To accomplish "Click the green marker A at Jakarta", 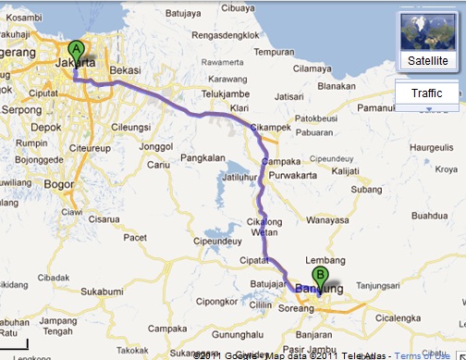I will (x=76, y=51).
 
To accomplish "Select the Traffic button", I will (x=426, y=93).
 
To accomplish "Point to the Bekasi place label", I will (x=125, y=69).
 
